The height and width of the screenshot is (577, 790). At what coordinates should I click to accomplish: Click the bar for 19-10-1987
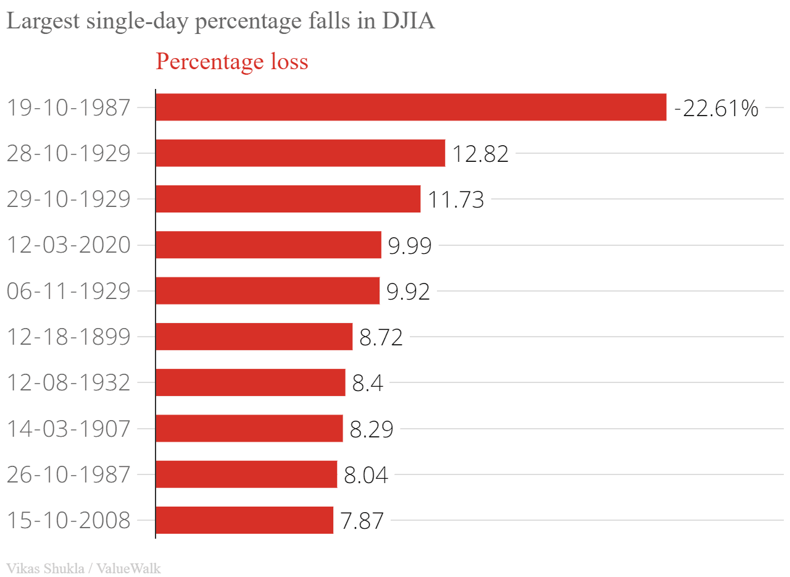pos(411,107)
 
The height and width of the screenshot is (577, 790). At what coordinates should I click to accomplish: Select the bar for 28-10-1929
pos(301,153)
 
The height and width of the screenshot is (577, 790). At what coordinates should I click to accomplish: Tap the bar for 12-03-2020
pos(268,245)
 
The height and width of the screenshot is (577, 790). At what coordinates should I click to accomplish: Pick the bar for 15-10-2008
pos(244,520)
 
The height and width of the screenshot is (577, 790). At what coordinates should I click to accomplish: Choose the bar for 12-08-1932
pos(251,382)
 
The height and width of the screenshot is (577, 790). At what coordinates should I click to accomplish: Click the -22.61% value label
pos(716,109)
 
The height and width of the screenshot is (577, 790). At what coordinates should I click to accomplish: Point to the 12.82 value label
pos(480,154)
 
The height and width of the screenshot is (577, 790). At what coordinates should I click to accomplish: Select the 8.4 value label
pos(368,384)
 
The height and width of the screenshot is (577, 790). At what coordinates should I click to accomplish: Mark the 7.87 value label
pos(362,521)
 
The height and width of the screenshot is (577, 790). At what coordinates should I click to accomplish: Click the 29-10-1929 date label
pos(69,200)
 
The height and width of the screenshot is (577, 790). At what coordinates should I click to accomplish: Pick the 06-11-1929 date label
pos(69,291)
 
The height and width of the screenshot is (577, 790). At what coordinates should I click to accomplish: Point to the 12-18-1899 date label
pos(69,337)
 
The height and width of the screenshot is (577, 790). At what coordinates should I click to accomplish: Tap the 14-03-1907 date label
pos(69,429)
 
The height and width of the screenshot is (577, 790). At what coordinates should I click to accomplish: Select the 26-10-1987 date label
pos(69,474)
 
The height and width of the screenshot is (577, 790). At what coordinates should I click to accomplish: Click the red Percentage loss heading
pos(232,62)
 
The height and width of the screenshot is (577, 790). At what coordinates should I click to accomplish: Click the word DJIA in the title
pos(409,21)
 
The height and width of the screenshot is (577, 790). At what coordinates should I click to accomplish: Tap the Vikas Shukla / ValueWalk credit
pos(83,568)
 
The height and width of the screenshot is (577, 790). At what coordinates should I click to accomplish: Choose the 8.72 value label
pos(381,338)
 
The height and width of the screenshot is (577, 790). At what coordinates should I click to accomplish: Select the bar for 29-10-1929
pos(288,199)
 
